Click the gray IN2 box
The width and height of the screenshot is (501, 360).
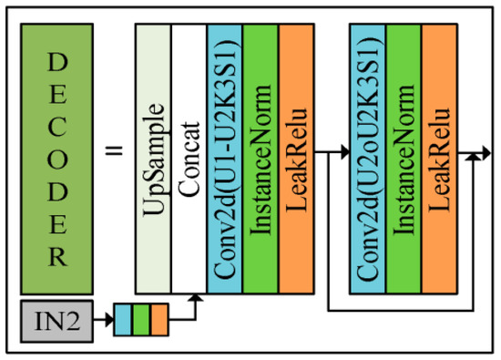point(56,322)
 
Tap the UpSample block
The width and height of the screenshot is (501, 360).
point(153,155)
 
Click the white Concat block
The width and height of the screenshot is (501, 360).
point(189,155)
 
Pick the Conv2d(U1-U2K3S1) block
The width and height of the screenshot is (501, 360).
point(224,155)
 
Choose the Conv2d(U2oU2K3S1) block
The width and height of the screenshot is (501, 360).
point(367,155)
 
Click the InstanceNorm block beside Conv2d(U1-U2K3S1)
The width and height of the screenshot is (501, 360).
point(260,155)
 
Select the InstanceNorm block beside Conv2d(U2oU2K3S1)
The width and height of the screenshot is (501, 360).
point(403,155)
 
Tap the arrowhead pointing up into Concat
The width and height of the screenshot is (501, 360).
point(196,298)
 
